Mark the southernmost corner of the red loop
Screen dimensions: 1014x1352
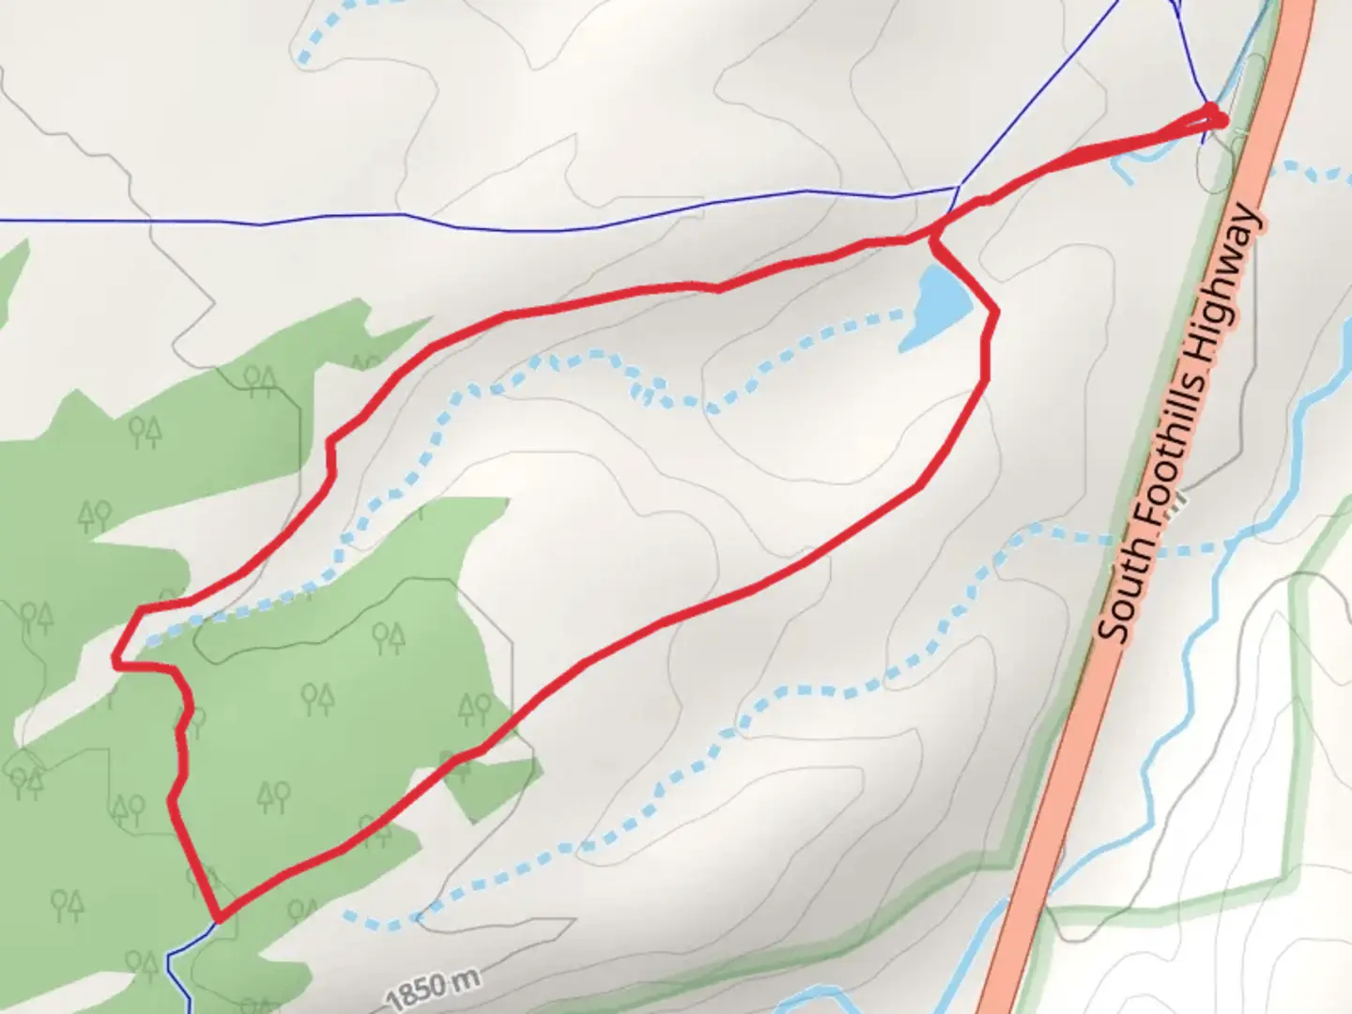click(x=218, y=918)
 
